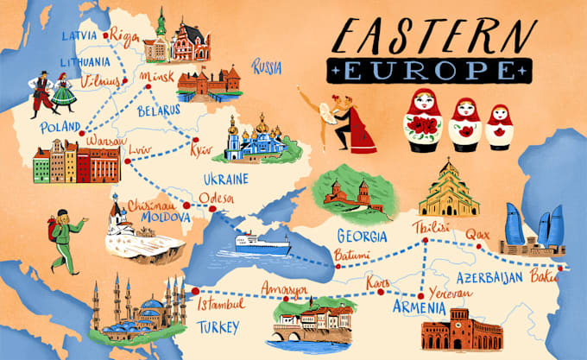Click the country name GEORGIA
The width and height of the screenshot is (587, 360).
pos(361,234)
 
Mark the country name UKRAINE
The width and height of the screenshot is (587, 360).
pos(225,180)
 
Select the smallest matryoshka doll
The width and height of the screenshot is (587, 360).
pos(499,127)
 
